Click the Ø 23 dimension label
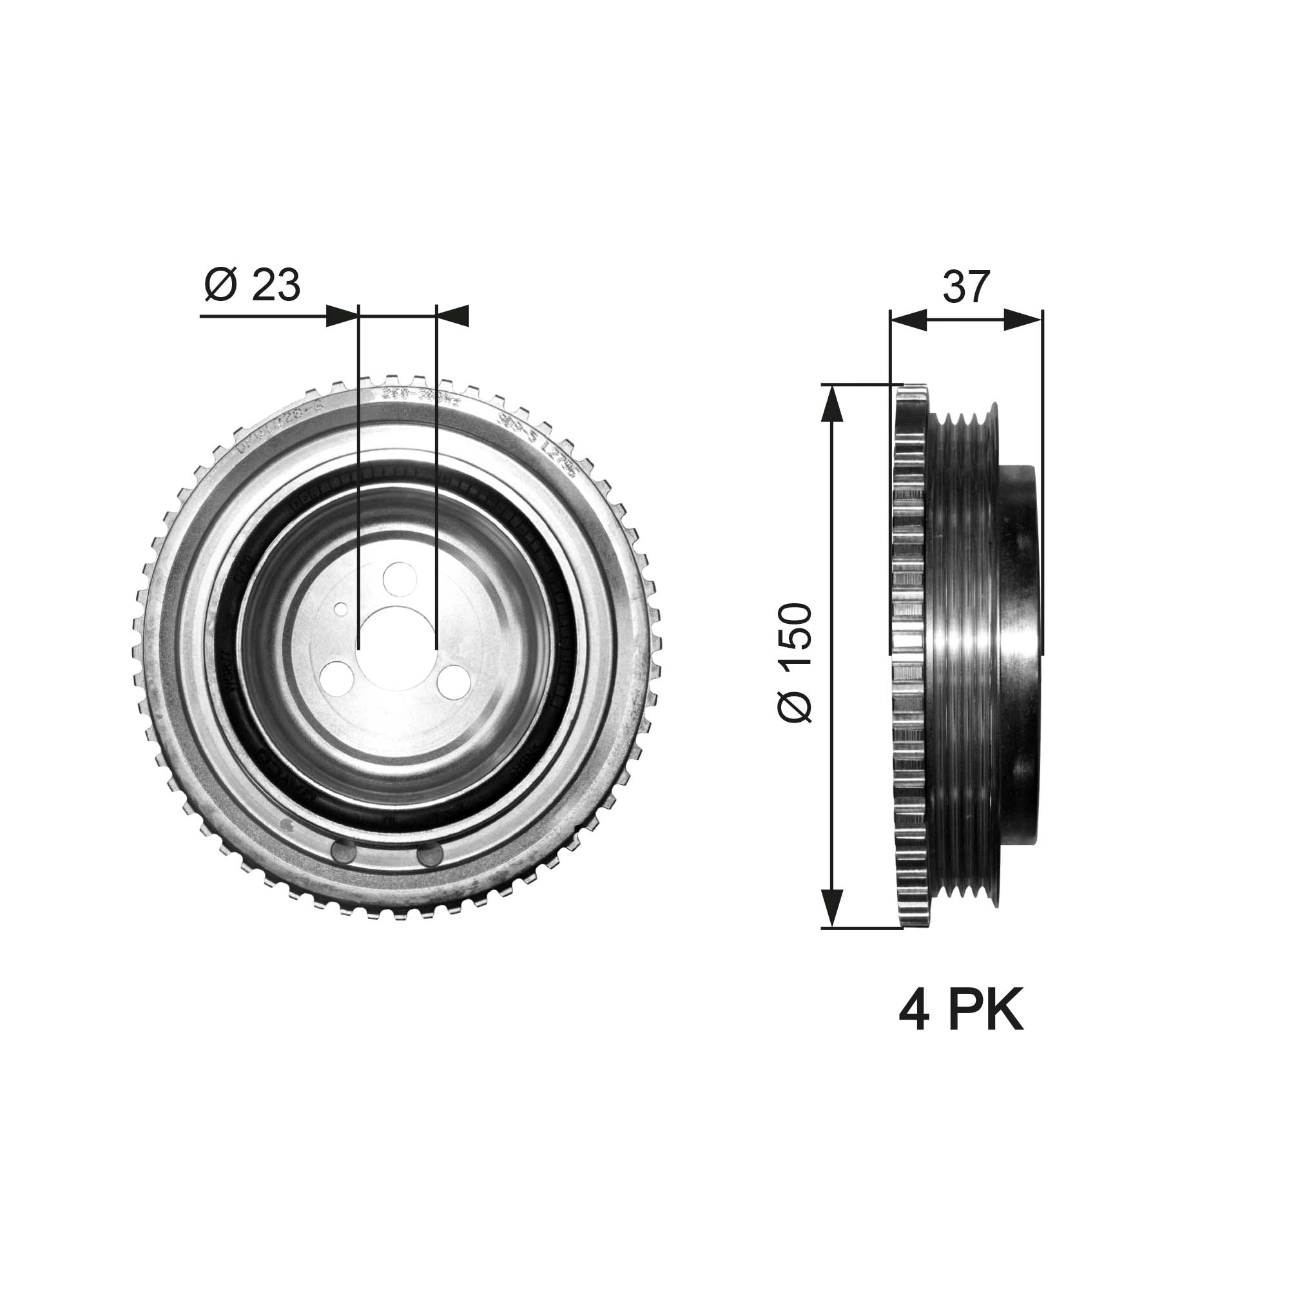[x=252, y=286]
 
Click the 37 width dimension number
[x=965, y=287]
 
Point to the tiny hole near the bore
[x=341, y=608]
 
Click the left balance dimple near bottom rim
[x=343, y=853]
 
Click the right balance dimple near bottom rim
[x=431, y=855]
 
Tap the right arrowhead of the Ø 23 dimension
[x=452, y=316]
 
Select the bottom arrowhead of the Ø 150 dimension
[x=831, y=908]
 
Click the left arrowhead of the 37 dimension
[x=909, y=320]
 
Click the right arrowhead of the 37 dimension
[x=1023, y=320]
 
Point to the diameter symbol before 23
[x=221, y=286]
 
